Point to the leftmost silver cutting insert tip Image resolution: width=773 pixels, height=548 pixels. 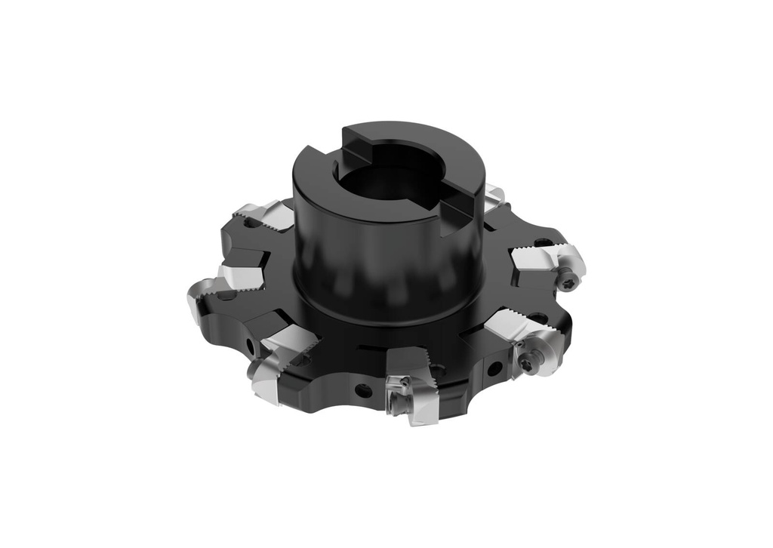point(198,302)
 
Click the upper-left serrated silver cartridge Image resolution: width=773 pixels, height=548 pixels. point(260,215)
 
